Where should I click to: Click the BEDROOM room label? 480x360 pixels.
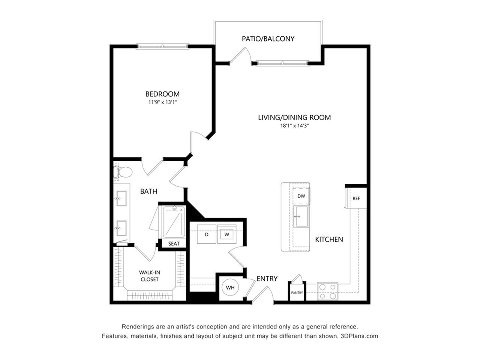162,94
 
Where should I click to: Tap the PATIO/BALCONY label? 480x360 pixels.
268,39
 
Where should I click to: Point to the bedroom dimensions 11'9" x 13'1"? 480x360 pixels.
162,102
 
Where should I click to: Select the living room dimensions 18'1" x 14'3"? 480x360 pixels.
294,126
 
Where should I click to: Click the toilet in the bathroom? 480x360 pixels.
123,172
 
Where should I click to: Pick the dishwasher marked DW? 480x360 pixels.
301,196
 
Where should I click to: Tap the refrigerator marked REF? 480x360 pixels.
356,198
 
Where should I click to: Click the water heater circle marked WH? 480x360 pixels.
230,287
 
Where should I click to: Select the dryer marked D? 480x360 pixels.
206,234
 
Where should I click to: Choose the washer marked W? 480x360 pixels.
227,234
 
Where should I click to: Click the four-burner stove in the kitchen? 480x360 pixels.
328,291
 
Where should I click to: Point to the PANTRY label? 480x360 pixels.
297,292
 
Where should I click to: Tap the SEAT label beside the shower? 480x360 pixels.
174,244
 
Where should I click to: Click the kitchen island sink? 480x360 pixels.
301,216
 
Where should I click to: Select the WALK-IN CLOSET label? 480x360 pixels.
150,276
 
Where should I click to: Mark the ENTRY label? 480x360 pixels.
267,279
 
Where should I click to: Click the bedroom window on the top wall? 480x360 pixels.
162,46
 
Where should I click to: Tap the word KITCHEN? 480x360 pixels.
329,239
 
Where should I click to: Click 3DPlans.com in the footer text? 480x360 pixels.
359,336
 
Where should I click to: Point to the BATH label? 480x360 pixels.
149,192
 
